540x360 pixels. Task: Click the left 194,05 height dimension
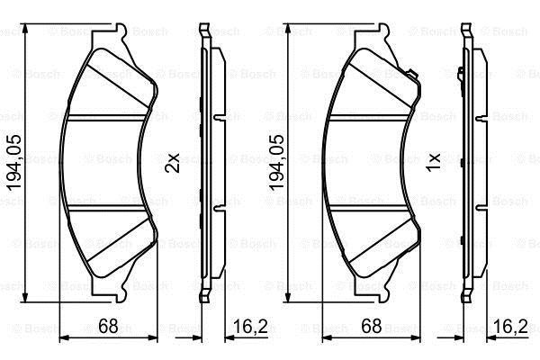14,163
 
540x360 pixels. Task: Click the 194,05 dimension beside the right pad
276,163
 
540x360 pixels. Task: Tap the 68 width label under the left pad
108,326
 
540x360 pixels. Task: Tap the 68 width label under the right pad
371,326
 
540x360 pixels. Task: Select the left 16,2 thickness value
250,326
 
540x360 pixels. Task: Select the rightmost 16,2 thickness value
510,326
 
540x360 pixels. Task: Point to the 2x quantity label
172,163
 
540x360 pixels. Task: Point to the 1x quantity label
434,163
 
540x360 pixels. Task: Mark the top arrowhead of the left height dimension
25,29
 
